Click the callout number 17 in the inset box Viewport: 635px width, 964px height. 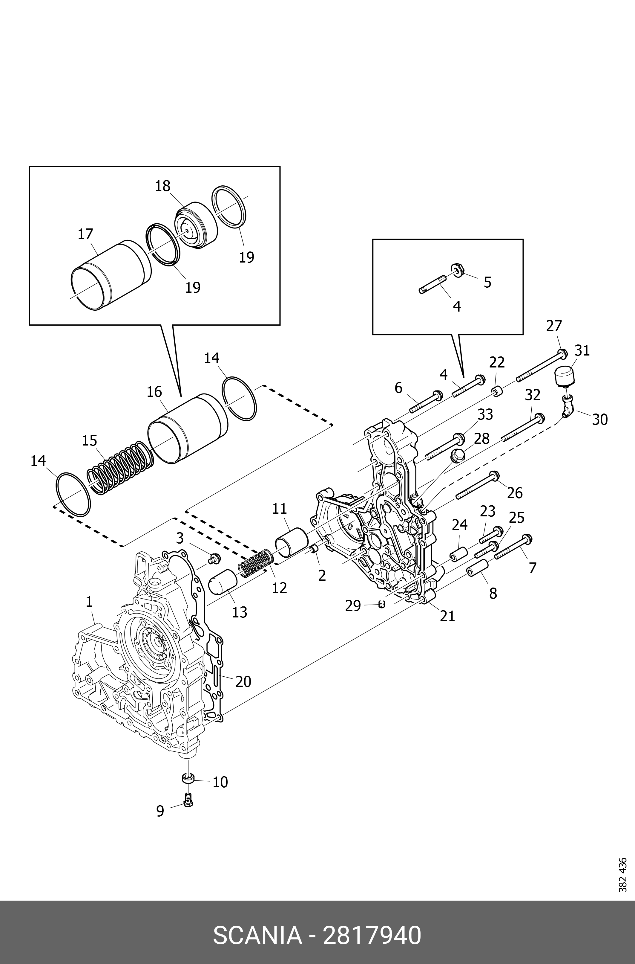[85, 234]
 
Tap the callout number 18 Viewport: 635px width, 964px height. [163, 186]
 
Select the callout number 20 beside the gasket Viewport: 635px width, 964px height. [243, 682]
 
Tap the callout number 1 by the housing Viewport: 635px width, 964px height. [89, 613]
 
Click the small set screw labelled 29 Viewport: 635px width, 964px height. [381, 605]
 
